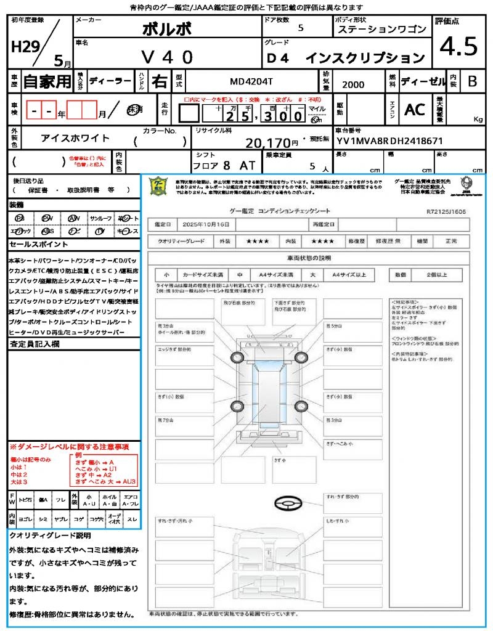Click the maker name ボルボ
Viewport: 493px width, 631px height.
coord(167,28)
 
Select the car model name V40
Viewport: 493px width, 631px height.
coord(168,57)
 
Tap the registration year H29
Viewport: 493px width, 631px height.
coord(23,46)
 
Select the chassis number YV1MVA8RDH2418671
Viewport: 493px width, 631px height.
coord(389,140)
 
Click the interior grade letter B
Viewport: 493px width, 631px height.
coord(471,81)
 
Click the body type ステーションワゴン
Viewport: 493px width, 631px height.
coord(381,30)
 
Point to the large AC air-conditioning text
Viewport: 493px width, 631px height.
coord(414,110)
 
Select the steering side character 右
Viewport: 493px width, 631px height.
coord(159,81)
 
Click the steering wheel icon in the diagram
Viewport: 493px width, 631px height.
coord(287,504)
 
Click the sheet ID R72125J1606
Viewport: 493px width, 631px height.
coord(446,211)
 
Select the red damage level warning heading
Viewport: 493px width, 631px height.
coord(69,446)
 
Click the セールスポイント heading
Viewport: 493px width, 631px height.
coord(32,245)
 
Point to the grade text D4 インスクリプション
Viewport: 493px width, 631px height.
coord(346,58)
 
